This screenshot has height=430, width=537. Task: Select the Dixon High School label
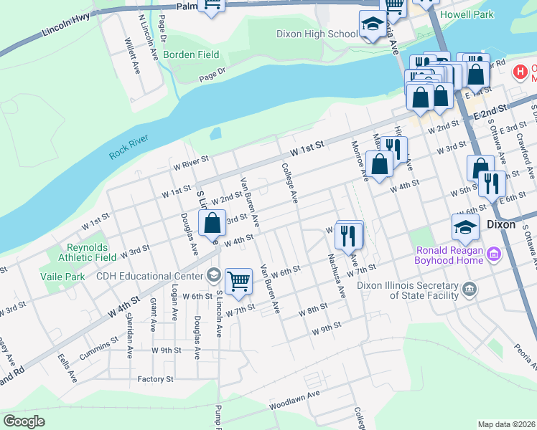[317, 34]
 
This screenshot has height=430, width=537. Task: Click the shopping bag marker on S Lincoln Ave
[213, 222]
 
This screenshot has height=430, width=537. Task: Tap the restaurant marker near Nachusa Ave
[348, 234]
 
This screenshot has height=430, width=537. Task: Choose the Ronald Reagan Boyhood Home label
[449, 255]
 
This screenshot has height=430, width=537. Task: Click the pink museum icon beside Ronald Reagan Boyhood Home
[494, 254]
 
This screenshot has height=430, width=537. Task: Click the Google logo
[24, 421]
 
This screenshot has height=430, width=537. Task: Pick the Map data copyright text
[506, 424]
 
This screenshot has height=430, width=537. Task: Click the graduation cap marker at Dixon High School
[373, 26]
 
